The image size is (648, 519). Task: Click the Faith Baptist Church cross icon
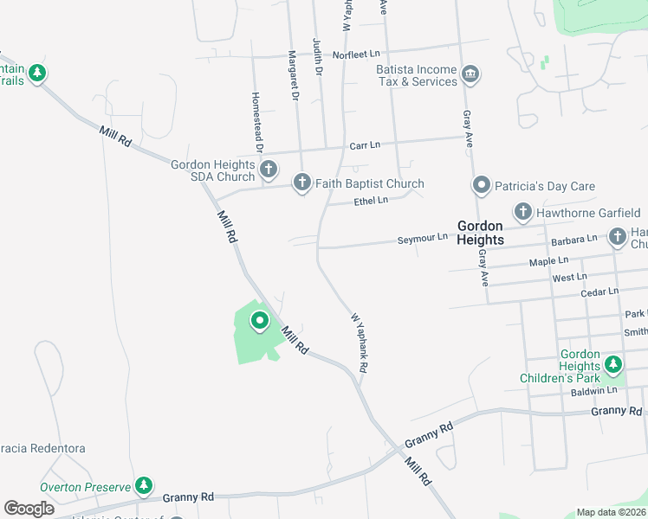point(301,183)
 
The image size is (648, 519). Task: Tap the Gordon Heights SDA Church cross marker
point(269,169)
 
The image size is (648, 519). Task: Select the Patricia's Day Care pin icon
point(482,185)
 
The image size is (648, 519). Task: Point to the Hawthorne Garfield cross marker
point(522,212)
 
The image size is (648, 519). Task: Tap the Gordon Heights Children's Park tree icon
point(613,366)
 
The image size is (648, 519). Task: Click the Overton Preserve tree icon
point(146,487)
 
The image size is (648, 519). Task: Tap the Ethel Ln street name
point(371,201)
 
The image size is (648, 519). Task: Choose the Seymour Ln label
point(423,238)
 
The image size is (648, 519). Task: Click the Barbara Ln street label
point(574,239)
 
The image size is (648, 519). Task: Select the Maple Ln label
point(548,260)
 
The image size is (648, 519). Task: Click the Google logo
point(29,509)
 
